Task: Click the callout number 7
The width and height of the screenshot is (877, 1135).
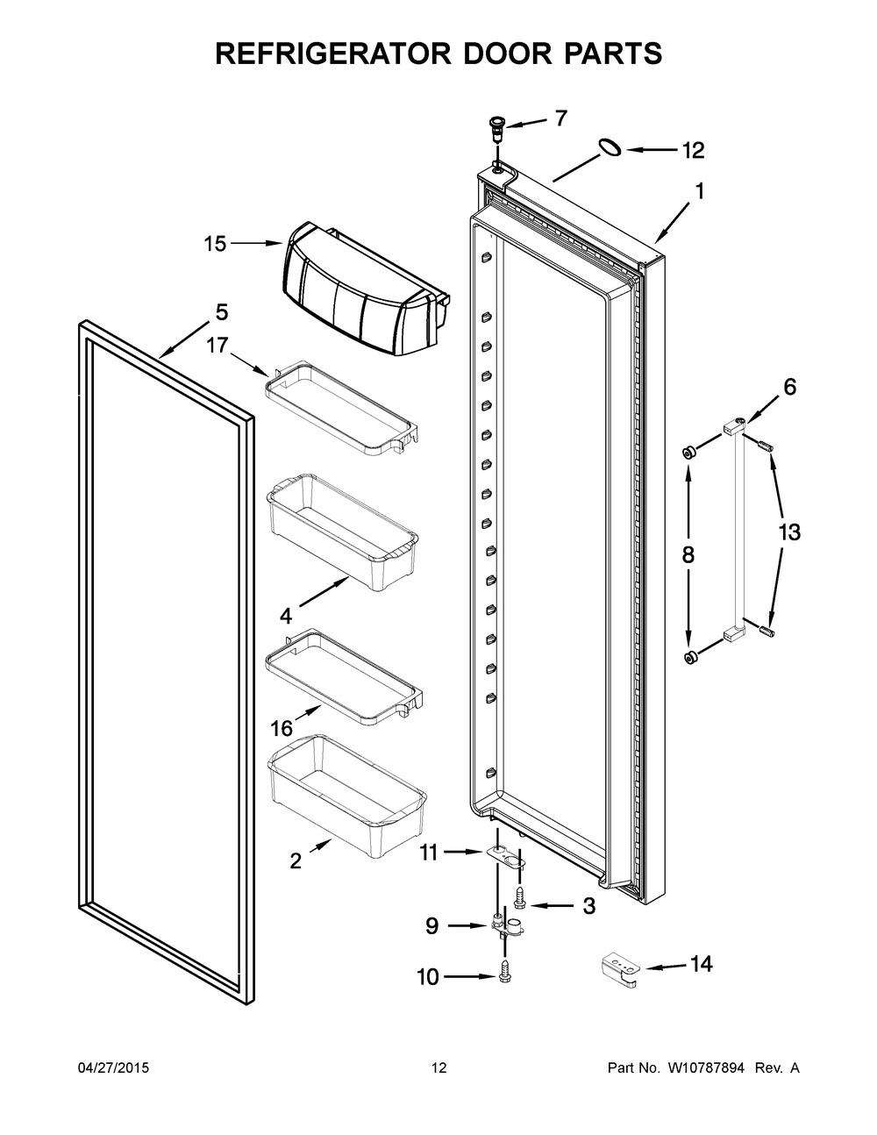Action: coord(560,118)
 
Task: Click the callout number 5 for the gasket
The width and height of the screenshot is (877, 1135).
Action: coord(222,312)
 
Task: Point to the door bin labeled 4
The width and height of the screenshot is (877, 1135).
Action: coord(342,532)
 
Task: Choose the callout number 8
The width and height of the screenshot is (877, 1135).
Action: coord(688,554)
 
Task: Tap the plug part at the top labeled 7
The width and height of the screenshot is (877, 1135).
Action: coord(496,129)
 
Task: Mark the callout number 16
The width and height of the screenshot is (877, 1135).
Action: coord(282,729)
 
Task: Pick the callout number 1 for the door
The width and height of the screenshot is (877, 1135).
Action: coord(699,191)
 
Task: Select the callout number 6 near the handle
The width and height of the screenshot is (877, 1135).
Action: coord(789,387)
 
